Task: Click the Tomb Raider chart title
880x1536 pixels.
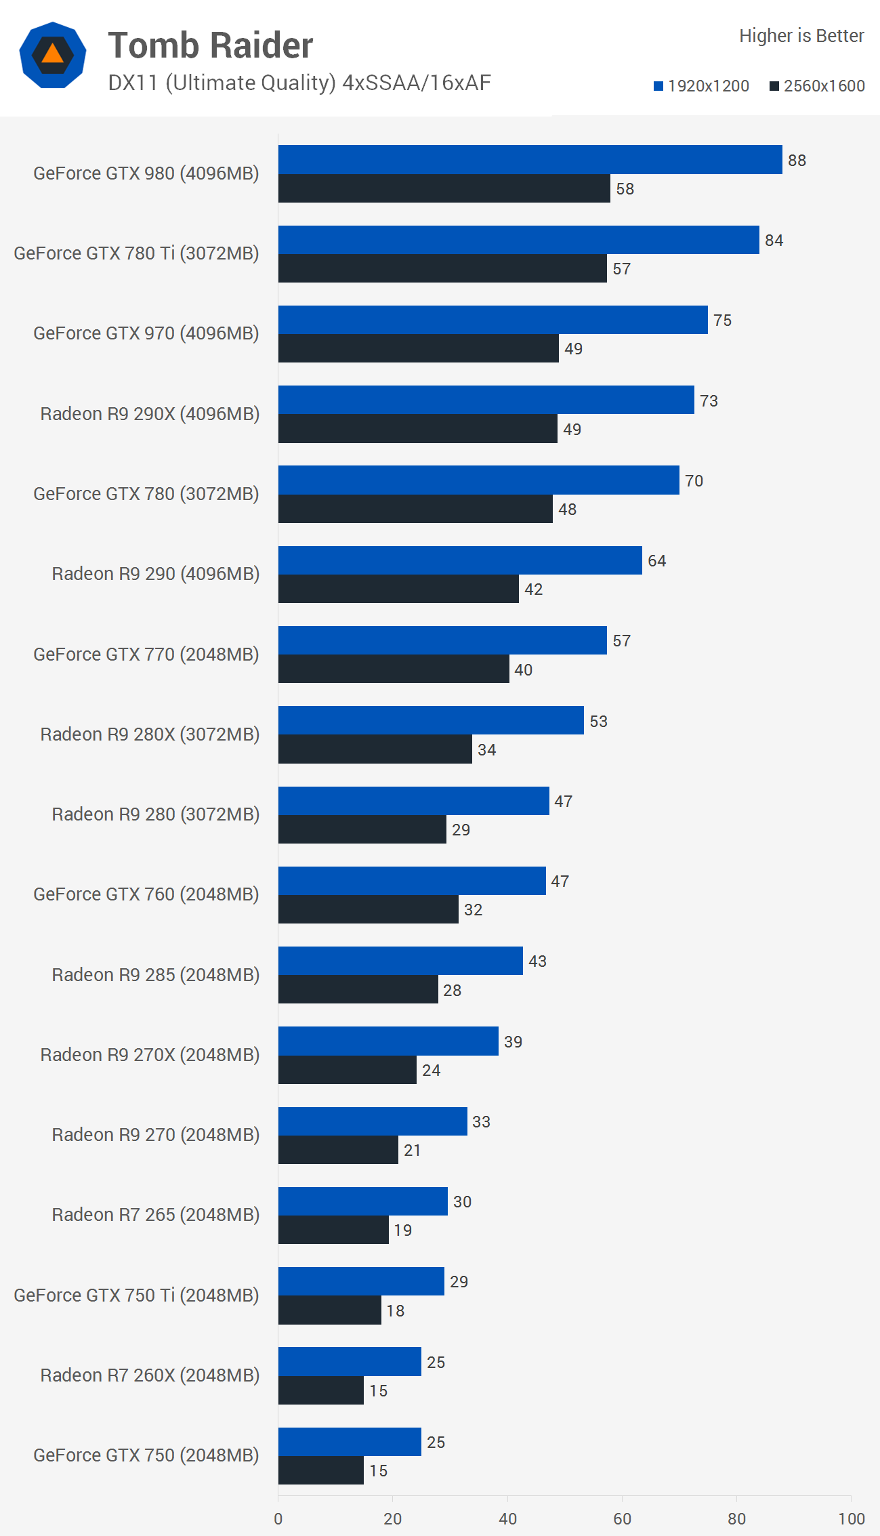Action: tap(210, 45)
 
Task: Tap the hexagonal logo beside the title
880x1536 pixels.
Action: tap(53, 55)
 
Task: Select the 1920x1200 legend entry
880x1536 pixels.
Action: tap(701, 86)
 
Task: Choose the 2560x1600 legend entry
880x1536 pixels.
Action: tap(817, 86)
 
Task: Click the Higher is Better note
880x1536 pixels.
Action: tap(801, 36)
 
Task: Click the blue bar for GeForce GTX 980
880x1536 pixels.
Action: tap(530, 159)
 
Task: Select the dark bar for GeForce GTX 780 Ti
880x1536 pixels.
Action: tap(442, 268)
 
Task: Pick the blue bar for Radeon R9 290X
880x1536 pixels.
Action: tap(486, 400)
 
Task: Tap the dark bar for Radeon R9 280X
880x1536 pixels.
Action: tap(375, 749)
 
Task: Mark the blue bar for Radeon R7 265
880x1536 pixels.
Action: tap(362, 1201)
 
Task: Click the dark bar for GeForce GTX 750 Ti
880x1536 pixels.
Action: tap(329, 1310)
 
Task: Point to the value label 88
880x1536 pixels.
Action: tap(797, 161)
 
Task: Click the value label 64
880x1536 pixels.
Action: tap(656, 561)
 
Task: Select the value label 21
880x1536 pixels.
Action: tap(412, 1150)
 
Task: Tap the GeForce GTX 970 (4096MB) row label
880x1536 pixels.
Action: tap(146, 333)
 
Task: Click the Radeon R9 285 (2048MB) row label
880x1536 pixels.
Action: tap(156, 975)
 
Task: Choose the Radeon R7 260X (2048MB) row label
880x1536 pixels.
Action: tap(150, 1375)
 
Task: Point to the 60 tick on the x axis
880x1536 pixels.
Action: tap(622, 1519)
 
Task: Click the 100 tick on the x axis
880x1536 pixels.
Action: tap(851, 1519)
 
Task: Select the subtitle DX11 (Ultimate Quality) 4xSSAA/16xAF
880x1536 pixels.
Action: tap(299, 83)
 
